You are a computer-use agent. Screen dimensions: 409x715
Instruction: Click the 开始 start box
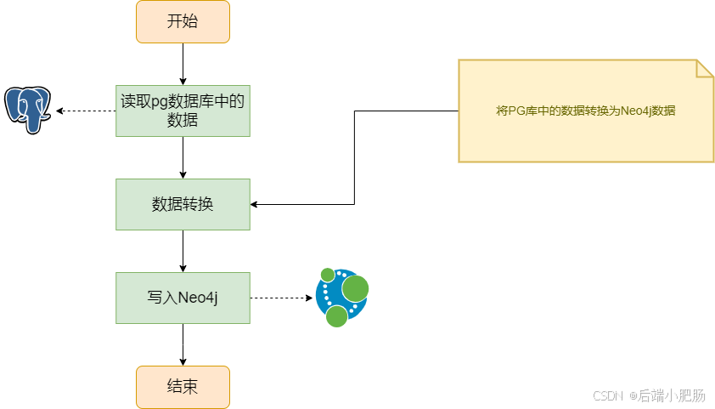click(183, 22)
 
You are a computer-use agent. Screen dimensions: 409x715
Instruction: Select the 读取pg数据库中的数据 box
click(183, 111)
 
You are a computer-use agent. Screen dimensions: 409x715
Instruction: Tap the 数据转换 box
click(183, 204)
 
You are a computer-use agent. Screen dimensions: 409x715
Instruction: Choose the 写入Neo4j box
click(183, 298)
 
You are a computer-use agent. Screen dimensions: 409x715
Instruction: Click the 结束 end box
click(183, 387)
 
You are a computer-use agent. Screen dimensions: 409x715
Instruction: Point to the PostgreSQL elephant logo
click(27, 110)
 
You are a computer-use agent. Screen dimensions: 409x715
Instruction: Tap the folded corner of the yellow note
click(705, 68)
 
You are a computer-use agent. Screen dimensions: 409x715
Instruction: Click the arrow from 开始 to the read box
click(183, 64)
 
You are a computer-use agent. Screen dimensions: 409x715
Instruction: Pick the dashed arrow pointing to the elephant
click(85, 111)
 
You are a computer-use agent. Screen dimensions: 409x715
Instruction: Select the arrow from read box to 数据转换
click(183, 157)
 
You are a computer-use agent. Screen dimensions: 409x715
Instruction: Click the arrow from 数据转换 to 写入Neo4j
click(183, 251)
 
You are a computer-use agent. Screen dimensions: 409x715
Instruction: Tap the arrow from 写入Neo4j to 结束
click(183, 344)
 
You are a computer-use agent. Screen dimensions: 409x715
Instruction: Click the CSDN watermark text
click(609, 395)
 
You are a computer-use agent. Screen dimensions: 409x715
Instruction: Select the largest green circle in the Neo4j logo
click(355, 289)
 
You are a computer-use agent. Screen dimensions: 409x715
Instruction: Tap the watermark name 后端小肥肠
click(672, 395)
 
